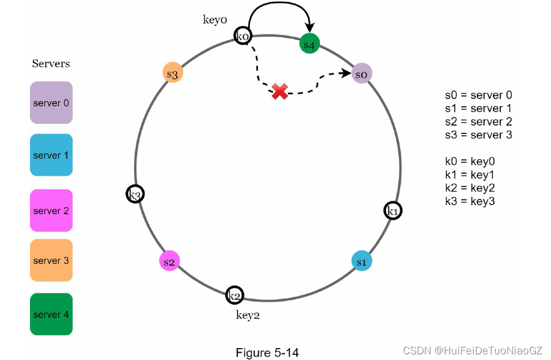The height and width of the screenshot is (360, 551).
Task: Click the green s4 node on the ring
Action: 310,44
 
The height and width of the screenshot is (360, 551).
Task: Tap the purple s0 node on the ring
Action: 362,74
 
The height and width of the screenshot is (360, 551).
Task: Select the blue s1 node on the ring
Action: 362,262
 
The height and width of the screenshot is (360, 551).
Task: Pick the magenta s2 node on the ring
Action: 170,262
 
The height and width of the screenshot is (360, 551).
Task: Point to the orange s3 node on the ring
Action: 172,74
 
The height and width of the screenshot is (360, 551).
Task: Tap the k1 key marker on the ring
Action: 393,211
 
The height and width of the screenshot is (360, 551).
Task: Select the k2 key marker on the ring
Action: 235,295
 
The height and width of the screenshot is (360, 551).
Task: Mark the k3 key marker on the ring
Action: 135,194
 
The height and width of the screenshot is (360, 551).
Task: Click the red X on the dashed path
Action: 279,91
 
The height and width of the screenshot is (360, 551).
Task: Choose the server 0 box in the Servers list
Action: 51,103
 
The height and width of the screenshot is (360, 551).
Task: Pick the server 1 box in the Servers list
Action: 51,155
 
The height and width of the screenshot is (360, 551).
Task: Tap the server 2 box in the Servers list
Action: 51,211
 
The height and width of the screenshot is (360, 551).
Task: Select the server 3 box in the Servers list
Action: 51,261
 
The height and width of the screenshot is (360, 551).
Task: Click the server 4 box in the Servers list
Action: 51,314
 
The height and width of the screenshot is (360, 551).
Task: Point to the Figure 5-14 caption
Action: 267,353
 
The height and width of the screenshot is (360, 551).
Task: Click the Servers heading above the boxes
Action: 51,63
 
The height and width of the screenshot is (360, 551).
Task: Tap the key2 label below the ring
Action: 248,315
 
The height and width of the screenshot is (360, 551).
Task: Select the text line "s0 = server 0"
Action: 478,96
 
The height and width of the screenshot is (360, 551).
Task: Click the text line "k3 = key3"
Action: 470,201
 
